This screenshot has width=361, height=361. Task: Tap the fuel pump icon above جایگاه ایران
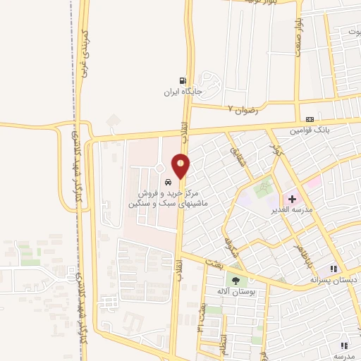click(x=184, y=81)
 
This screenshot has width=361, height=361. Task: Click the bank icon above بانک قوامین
click(x=310, y=119)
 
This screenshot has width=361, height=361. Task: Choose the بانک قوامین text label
click(x=310, y=130)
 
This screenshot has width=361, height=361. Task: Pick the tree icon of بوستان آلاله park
click(x=236, y=281)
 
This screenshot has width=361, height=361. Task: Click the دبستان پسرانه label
click(x=331, y=279)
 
